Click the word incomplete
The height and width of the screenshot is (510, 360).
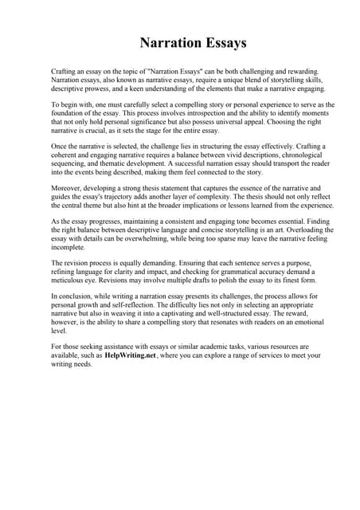click(70, 248)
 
